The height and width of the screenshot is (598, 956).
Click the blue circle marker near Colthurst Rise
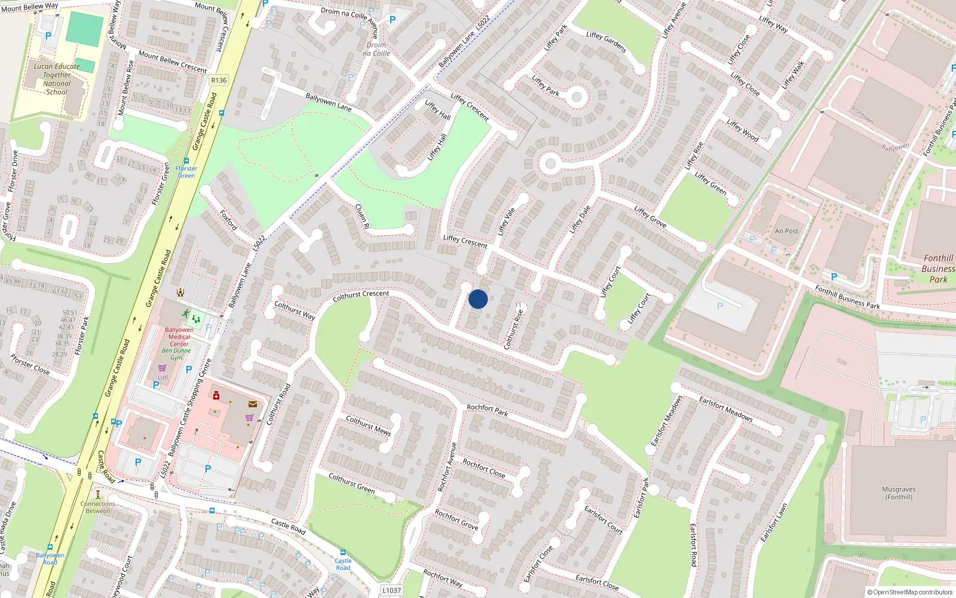coord(478,299)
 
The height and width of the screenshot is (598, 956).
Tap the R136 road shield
coord(219,80)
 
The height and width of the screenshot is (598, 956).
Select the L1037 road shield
coord(391,590)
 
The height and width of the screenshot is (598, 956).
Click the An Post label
coord(786,231)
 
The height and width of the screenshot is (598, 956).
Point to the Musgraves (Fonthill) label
coord(899,493)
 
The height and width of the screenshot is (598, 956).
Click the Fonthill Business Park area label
coord(937,269)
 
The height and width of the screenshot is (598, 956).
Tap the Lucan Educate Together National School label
coord(57,79)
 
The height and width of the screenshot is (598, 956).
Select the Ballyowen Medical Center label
coord(179,337)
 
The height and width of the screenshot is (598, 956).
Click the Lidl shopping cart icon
coord(162,368)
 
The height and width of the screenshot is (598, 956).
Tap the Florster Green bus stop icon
coord(186,161)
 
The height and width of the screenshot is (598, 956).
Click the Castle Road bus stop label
coord(343,564)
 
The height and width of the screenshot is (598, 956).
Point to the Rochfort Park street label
coord(487,410)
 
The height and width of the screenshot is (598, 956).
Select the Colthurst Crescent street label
coord(360,295)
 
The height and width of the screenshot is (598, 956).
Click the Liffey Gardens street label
coord(606,42)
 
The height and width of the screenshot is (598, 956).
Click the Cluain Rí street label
coord(362,216)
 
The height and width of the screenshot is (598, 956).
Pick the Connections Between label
coord(97,507)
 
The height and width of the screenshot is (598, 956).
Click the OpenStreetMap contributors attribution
coord(911,592)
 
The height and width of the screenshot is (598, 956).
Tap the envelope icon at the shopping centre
coord(253,404)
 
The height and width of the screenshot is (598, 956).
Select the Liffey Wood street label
coord(743,130)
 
